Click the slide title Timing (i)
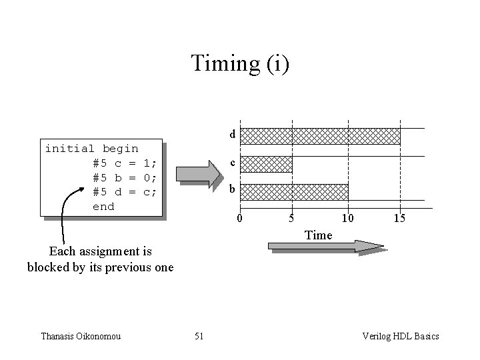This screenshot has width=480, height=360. (x=240, y=64)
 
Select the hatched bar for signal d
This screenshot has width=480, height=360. (x=320, y=136)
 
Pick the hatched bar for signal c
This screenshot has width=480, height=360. (x=266, y=164)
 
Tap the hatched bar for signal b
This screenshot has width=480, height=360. (x=294, y=192)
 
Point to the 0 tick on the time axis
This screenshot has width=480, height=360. (x=241, y=219)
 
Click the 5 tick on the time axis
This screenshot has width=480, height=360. (x=291, y=219)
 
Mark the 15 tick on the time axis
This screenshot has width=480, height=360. (x=399, y=219)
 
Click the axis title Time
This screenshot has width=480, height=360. (x=318, y=235)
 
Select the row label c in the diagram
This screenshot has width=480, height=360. (x=232, y=163)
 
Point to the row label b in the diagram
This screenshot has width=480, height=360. (x=232, y=190)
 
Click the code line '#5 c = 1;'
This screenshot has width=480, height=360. (x=125, y=163)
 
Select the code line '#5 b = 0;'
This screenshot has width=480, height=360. (x=125, y=177)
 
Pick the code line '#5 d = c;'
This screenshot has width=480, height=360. (x=125, y=192)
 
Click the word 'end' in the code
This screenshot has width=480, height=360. (x=103, y=207)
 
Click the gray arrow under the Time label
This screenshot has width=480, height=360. (x=325, y=247)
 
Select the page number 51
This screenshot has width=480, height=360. (x=199, y=336)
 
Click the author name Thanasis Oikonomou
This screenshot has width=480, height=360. (x=82, y=336)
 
